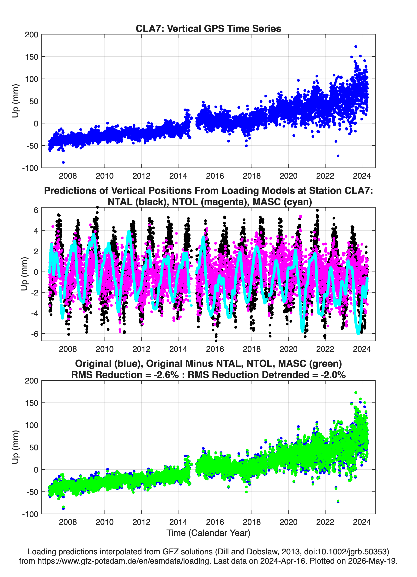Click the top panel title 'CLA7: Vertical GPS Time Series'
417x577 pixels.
point(208,28)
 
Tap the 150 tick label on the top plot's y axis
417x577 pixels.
point(31,57)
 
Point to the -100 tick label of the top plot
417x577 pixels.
point(30,168)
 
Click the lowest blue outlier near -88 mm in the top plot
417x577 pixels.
point(63,162)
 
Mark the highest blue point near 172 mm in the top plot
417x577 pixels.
point(356,47)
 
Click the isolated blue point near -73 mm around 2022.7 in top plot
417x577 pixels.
point(338,156)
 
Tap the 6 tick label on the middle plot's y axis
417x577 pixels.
point(36,210)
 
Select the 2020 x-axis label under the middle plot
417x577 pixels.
point(288,349)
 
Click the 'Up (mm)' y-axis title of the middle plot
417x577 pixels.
point(24,274)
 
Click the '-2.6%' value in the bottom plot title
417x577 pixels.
point(166,375)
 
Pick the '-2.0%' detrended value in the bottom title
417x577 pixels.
point(333,375)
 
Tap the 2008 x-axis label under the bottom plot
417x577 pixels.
point(68,522)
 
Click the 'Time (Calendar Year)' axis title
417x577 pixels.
point(208,533)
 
